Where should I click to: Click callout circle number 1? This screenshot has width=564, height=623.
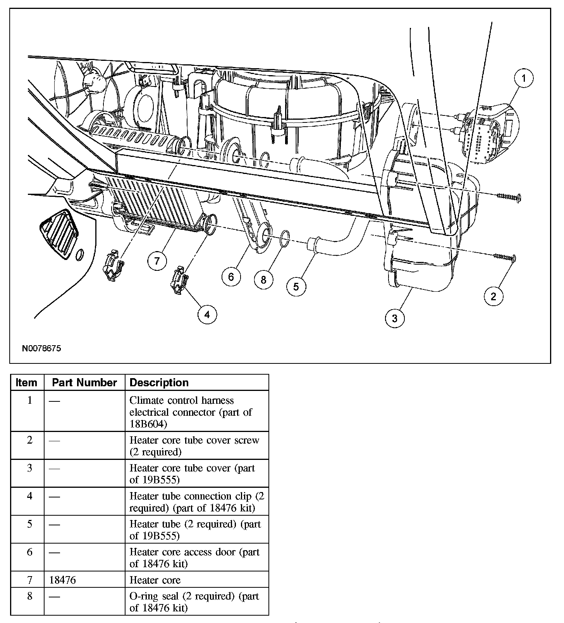pyautogui.click(x=523, y=79)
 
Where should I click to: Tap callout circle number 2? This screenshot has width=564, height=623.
pyautogui.click(x=493, y=296)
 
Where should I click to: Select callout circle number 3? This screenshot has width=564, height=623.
pyautogui.click(x=394, y=318)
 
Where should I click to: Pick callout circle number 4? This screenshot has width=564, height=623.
pyautogui.click(x=207, y=315)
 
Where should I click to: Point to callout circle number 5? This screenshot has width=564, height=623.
pyautogui.click(x=296, y=287)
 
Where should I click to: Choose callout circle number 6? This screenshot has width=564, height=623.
pyautogui.click(x=231, y=277)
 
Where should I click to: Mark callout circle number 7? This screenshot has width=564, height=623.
pyautogui.click(x=157, y=261)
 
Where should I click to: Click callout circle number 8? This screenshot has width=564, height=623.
pyautogui.click(x=264, y=280)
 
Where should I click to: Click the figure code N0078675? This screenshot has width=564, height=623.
pyautogui.click(x=41, y=348)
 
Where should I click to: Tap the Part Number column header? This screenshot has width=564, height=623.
pyautogui.click(x=84, y=383)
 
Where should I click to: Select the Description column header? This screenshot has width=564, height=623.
pyautogui.click(x=159, y=383)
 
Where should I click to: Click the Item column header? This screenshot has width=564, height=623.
pyautogui.click(x=27, y=383)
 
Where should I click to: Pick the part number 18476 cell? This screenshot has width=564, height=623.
pyautogui.click(x=63, y=580)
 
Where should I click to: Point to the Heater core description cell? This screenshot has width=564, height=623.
pyautogui.click(x=155, y=580)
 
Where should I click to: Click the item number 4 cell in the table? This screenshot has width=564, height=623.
pyautogui.click(x=29, y=496)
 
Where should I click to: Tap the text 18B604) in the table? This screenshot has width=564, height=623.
pyautogui.click(x=148, y=424)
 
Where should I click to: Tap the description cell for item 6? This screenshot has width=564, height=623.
pyautogui.click(x=194, y=558)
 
